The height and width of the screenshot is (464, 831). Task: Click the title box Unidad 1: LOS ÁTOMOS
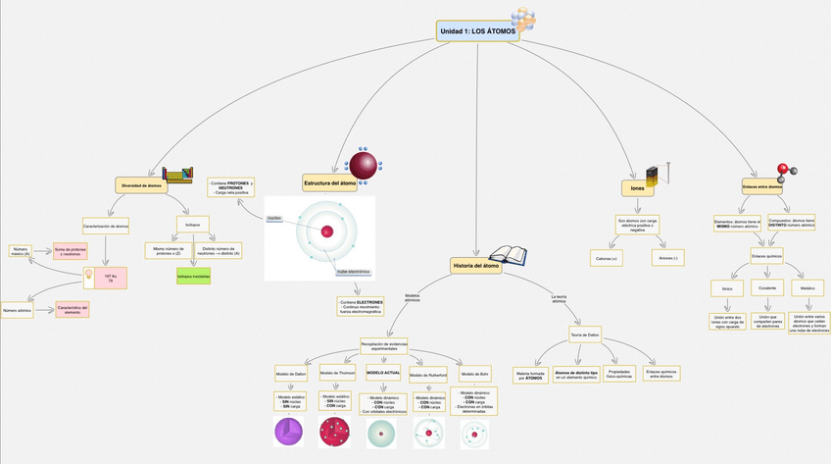[477, 32]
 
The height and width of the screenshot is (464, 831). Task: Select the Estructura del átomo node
[329, 183]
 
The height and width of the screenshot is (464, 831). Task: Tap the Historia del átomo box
[476, 265]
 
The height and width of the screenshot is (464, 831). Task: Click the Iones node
[637, 186]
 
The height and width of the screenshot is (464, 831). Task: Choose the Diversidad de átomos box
[141, 184]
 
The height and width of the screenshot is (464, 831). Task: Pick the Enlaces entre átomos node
[761, 185]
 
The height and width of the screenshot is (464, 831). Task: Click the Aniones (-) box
[668, 257]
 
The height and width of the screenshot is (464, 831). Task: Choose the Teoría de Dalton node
[584, 335]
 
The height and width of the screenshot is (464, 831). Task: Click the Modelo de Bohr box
[475, 374]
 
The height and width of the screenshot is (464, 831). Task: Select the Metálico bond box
[807, 288]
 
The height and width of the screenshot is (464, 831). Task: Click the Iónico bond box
[727, 288]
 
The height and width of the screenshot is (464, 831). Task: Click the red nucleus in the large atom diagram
[327, 232]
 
